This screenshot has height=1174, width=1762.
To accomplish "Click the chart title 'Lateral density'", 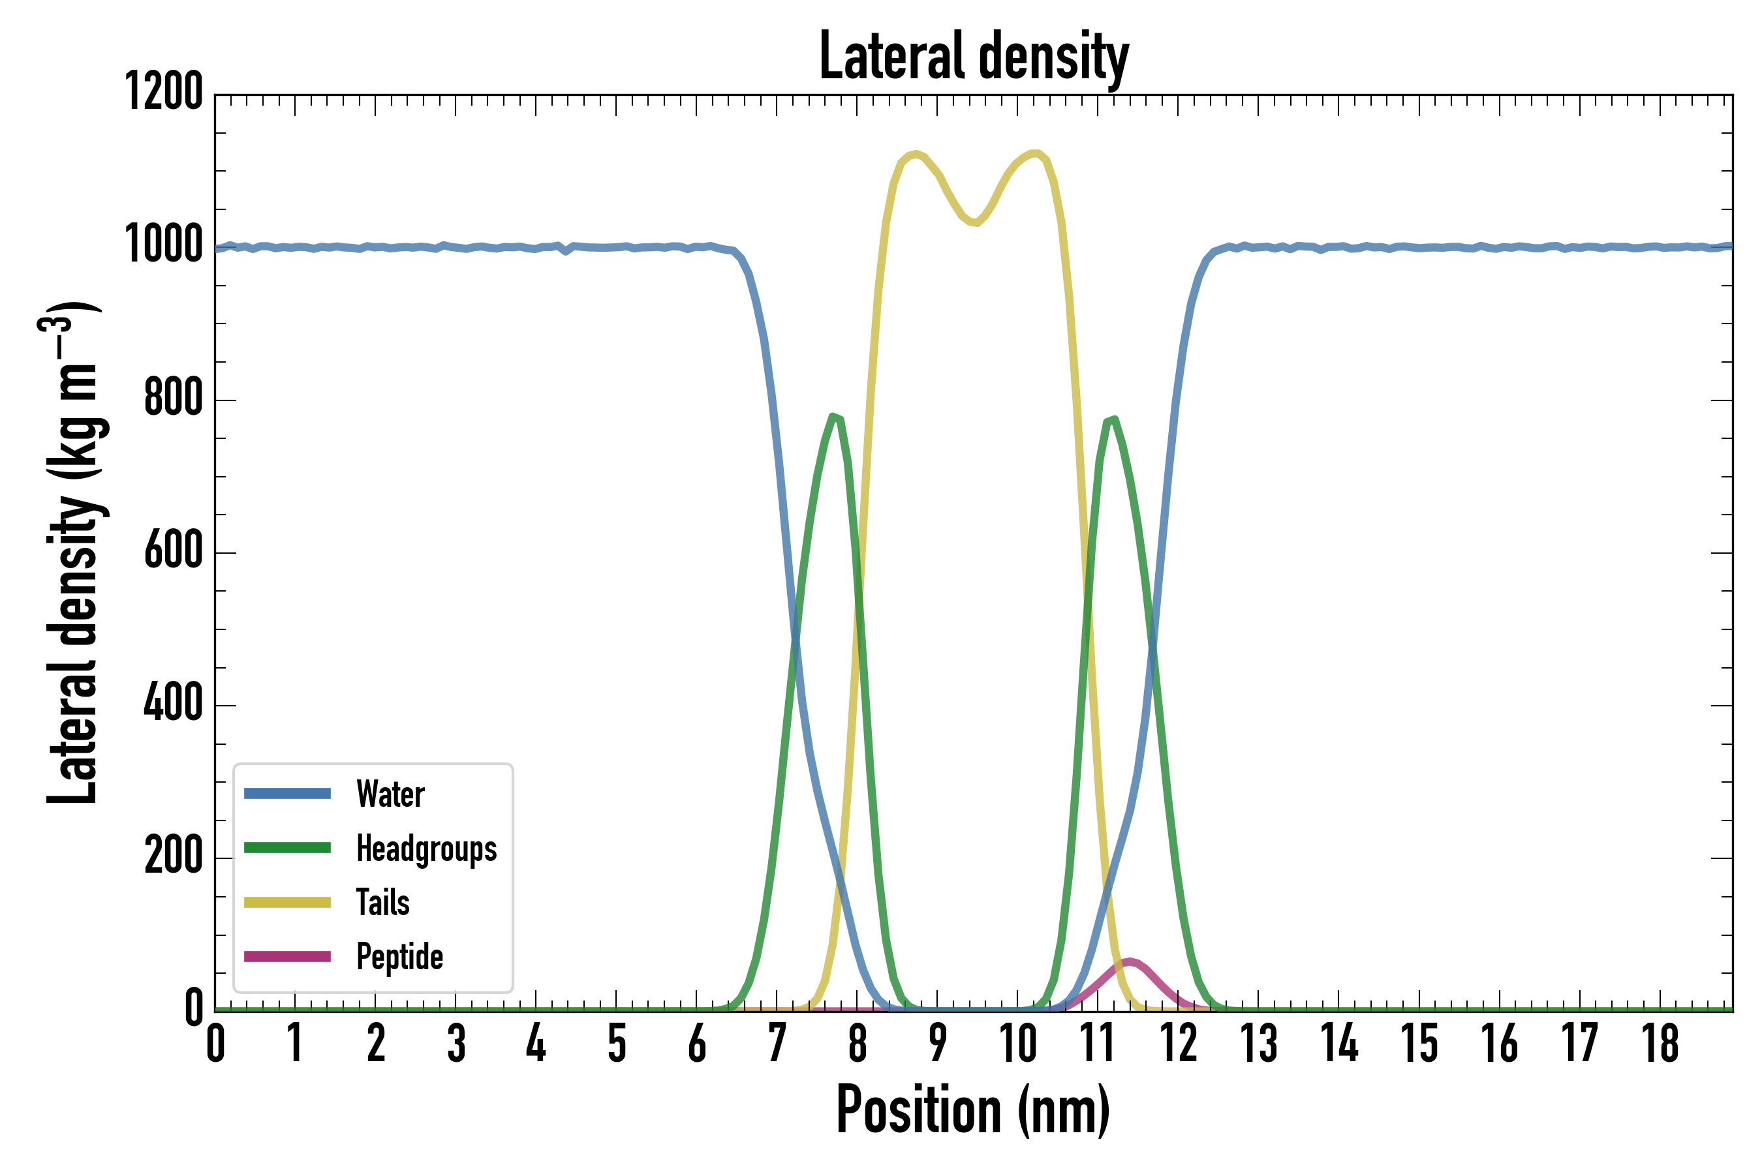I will tap(973, 57).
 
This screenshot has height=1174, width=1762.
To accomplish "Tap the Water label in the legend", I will tap(390, 794).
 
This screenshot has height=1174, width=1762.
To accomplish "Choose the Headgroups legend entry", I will tap(426, 849).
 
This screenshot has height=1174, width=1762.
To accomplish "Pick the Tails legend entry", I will tap(383, 902).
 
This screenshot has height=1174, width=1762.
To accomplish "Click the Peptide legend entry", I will tap(399, 956).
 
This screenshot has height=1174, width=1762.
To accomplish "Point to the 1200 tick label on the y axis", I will tap(163, 92).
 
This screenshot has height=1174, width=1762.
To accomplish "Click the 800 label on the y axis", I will tap(173, 398).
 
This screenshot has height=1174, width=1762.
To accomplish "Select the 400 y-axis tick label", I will tap(173, 703).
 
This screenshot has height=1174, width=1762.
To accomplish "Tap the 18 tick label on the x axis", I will tap(1660, 1044).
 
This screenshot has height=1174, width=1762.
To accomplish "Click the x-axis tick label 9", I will tap(937, 1044).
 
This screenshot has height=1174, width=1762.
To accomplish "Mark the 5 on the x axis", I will tap(617, 1044).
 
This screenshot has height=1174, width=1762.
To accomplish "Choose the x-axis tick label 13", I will tap(1259, 1044).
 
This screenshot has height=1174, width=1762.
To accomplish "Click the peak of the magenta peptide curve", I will tap(1129, 961).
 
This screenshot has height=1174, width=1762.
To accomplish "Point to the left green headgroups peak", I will tap(834, 417).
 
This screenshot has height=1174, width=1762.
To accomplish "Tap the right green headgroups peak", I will tap(1114, 420).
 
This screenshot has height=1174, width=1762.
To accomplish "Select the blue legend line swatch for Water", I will tap(287, 794).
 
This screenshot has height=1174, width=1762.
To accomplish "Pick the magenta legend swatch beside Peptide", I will tap(287, 956).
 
